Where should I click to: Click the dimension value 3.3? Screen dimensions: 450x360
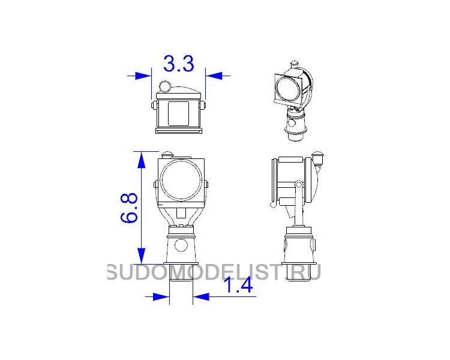[x=179, y=64]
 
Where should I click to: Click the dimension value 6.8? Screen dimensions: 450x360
[x=129, y=208]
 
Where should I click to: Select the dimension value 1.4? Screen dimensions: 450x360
[x=238, y=286]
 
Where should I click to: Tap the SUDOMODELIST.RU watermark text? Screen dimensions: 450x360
[x=214, y=272]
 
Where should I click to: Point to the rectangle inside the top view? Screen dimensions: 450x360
[x=179, y=113]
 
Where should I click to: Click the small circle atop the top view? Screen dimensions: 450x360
[x=165, y=86]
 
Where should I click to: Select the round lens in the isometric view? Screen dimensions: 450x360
[x=288, y=88]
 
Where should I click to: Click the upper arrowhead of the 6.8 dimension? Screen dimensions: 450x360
[x=141, y=160]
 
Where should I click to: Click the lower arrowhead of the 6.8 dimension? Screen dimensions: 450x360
[x=141, y=256]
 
